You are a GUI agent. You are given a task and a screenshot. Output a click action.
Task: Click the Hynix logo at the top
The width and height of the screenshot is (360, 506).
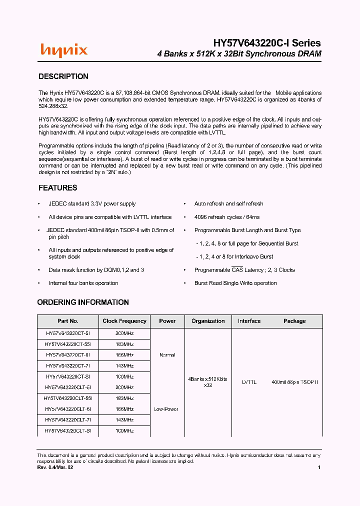click(x=63, y=49)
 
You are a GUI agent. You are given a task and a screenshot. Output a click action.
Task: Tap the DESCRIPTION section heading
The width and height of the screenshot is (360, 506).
click(x=63, y=76)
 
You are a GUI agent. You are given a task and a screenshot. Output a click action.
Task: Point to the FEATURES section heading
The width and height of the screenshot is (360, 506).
click(x=58, y=188)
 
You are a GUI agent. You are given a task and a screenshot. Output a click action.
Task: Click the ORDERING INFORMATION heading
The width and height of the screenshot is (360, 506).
click(x=83, y=302)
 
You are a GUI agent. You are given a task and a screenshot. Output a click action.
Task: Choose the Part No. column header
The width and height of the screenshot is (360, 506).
click(x=68, y=321)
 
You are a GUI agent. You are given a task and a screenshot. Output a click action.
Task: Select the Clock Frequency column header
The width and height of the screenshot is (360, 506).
click(x=124, y=321)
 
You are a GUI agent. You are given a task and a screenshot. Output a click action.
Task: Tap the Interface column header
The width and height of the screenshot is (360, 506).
click(x=249, y=321)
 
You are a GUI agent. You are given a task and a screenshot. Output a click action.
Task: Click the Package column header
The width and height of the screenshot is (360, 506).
click(x=294, y=321)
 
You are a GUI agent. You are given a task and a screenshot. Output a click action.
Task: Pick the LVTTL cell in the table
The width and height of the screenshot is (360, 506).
click(x=249, y=382)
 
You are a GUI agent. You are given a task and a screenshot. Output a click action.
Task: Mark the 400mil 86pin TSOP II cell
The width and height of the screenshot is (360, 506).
click(x=294, y=382)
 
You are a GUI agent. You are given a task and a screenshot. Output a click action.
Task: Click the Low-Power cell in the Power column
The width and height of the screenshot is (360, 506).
click(x=167, y=409)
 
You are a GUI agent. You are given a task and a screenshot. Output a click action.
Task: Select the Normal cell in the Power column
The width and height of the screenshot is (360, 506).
click(x=167, y=355)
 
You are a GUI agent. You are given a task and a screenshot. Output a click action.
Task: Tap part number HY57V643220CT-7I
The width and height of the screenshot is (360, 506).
click(x=68, y=365)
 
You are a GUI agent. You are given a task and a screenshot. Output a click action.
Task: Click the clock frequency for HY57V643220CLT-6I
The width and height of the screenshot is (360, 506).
click(x=124, y=409)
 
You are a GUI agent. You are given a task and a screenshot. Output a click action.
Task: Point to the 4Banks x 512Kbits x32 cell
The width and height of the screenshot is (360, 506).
click(x=207, y=382)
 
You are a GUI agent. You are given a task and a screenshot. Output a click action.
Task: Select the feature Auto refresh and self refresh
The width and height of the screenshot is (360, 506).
click(x=228, y=204)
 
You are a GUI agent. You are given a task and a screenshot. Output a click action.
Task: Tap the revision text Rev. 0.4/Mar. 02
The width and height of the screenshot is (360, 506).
click(x=55, y=467)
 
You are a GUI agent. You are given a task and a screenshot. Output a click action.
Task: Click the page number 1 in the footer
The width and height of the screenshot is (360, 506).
click(x=319, y=467)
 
